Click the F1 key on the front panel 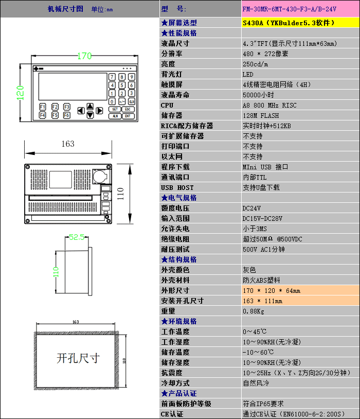pyautogui.click(x=43, y=107)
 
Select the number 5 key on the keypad pyautogui.click(x=122, y=85)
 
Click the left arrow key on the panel pyautogui.click(x=81, y=111)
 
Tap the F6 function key pyautogui.click(x=67, y=115)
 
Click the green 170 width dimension pyautogui.click(x=84, y=56)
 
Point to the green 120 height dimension pyautogui.click(x=20, y=93)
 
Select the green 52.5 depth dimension pyautogui.click(x=77, y=237)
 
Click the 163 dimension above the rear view pyautogui.click(x=68, y=144)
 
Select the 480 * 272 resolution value pyautogui.click(x=265, y=54)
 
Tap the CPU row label pyautogui.click(x=167, y=105)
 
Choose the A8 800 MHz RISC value pyautogui.click(x=269, y=105)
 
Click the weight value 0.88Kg pyautogui.click(x=254, y=311)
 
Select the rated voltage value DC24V pyautogui.click(x=251, y=208)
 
